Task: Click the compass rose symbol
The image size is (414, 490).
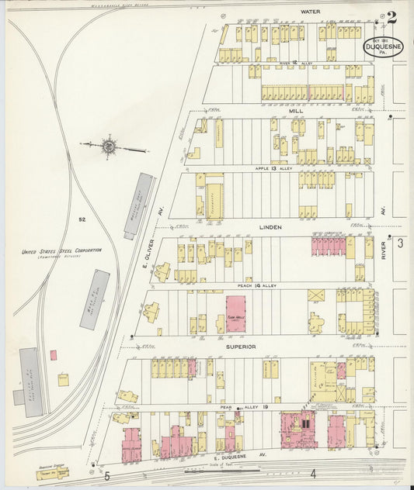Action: pos(110,145)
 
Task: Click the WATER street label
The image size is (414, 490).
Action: pos(310,12)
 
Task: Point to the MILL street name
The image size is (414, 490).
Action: pos(296,111)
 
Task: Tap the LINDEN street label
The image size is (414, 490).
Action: pos(271,227)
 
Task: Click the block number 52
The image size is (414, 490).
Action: pos(81,219)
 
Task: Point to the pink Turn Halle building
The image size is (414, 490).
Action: pos(235,313)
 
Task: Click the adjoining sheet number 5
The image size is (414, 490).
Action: pos(108,473)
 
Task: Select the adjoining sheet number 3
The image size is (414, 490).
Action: pos(400,243)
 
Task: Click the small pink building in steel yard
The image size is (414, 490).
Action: pos(54,354)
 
